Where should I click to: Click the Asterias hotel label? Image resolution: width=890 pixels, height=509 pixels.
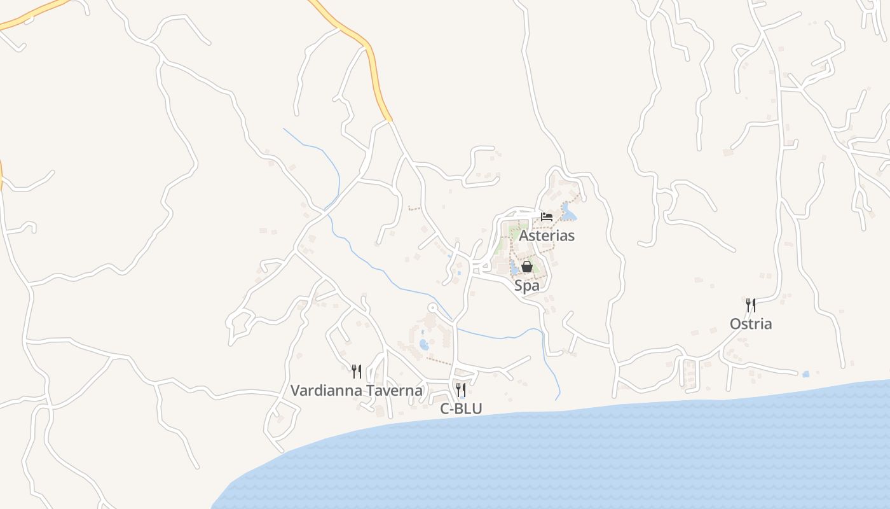(x=547, y=235)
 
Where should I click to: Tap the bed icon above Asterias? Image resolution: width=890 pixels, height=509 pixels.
(x=546, y=217)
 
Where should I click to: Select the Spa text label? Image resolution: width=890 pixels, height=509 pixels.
(x=527, y=286)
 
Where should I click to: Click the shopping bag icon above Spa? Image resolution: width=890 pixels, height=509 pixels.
(x=527, y=267)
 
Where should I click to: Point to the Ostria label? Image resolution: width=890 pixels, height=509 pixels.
(x=751, y=324)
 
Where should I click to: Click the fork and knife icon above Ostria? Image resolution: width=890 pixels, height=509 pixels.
(x=751, y=305)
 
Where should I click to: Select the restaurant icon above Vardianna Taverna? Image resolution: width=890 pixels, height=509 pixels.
(x=357, y=372)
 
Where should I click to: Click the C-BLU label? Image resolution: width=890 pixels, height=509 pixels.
(x=461, y=409)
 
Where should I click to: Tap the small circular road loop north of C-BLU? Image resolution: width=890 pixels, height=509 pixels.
(x=433, y=309)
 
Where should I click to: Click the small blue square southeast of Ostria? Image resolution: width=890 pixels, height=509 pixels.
(x=806, y=374)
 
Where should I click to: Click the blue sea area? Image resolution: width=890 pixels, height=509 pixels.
(x=572, y=458)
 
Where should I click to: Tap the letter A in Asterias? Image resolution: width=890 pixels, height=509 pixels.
(x=524, y=235)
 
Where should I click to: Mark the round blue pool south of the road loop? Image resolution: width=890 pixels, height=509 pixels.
(x=424, y=345)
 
